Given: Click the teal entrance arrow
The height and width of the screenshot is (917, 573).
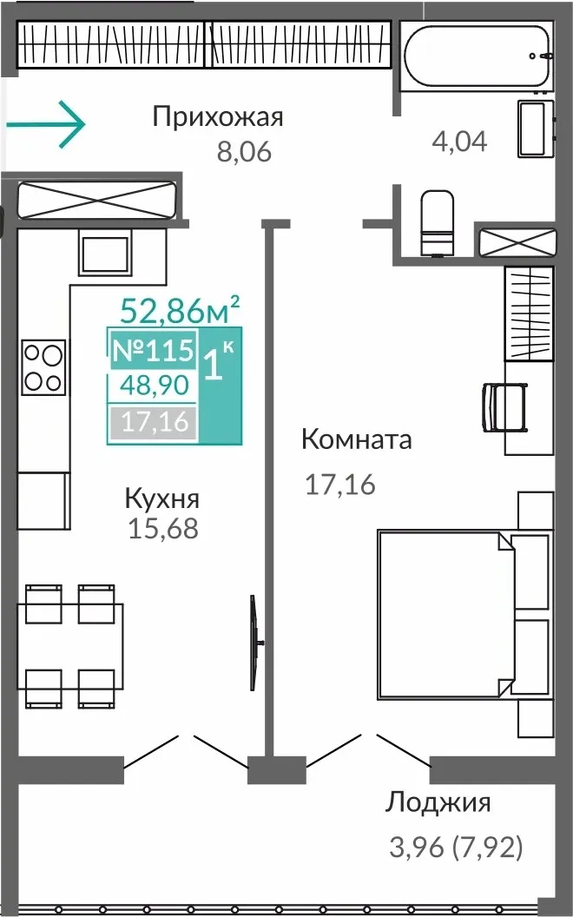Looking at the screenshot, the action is pos(46,124).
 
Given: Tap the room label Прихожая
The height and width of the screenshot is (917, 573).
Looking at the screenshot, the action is pos(218,117).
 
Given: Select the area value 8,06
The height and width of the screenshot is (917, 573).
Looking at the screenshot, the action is pos(245,153).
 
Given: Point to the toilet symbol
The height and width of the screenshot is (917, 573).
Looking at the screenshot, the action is pos(438,222).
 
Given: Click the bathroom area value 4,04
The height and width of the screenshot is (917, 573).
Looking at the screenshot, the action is pos(459,142).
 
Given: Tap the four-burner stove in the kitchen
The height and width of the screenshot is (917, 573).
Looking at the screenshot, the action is pos(43,366).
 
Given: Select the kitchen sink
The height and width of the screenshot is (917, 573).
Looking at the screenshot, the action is pos(105,255).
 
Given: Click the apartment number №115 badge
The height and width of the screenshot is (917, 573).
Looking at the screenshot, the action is pos(153,351).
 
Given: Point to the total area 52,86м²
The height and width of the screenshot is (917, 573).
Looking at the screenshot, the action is pos(180,310).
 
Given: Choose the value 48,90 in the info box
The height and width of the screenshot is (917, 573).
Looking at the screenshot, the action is pos(155,386).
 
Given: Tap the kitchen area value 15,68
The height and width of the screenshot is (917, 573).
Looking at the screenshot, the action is pos(163,529).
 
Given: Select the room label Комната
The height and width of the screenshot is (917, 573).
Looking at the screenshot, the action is pos(357,439).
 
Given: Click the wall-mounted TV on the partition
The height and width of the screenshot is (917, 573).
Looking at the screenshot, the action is pos(254,643).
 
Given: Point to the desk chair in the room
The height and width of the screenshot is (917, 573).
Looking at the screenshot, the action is pos(504,407).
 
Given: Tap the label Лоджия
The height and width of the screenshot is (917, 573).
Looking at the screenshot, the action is pos(438,803).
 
